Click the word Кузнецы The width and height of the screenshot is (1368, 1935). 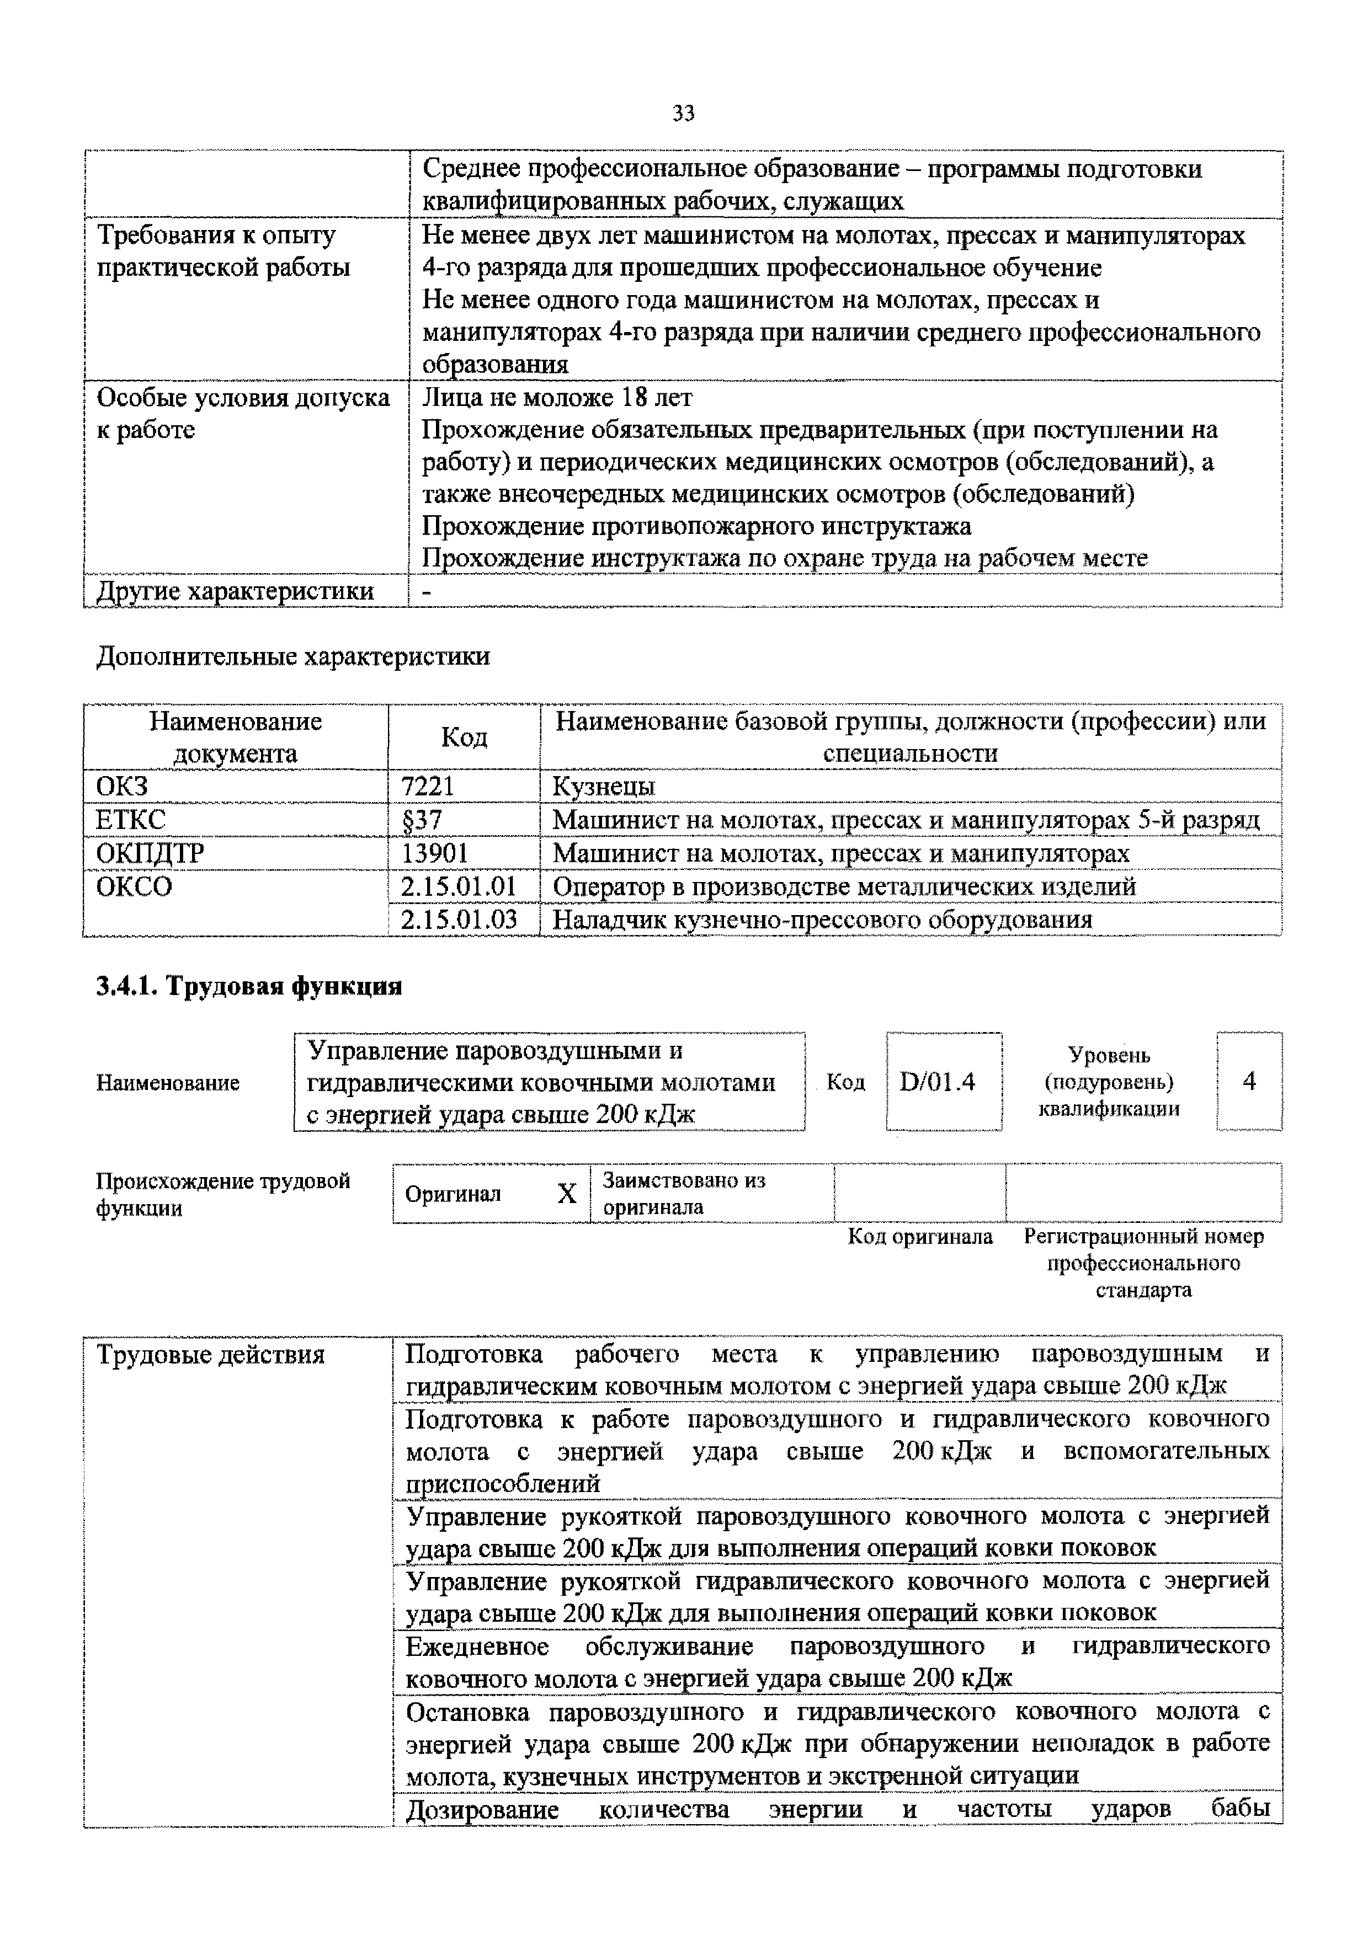point(604,787)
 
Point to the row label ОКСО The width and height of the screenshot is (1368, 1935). point(134,886)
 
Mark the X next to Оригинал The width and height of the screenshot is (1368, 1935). point(567,1193)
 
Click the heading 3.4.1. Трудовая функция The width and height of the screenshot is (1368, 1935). point(249,986)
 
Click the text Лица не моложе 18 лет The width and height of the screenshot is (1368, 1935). point(557,397)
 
